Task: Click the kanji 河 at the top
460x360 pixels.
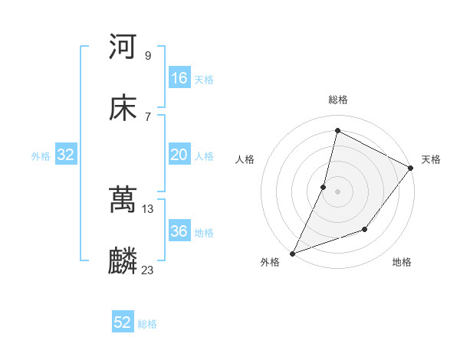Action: click(x=123, y=47)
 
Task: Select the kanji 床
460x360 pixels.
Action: click(x=123, y=109)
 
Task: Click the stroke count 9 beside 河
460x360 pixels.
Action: click(x=147, y=55)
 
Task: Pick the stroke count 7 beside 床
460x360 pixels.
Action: click(x=147, y=116)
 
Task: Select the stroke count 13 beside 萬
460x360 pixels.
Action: click(x=149, y=208)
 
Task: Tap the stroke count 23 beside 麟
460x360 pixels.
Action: click(x=149, y=270)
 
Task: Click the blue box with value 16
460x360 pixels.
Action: click(x=179, y=78)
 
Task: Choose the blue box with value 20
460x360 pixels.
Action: click(x=179, y=155)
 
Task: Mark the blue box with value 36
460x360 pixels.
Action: click(x=179, y=231)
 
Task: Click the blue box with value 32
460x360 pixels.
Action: click(x=66, y=155)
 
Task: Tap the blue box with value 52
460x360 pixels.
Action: click(x=123, y=322)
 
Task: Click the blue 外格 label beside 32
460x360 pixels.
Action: click(x=41, y=156)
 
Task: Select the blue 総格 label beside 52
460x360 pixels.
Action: click(x=147, y=324)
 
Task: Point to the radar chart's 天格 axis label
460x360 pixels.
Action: click(x=431, y=159)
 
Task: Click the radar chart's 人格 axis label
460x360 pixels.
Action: click(x=245, y=159)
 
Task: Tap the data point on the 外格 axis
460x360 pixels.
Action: click(x=292, y=253)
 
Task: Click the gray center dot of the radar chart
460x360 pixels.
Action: click(x=337, y=191)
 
